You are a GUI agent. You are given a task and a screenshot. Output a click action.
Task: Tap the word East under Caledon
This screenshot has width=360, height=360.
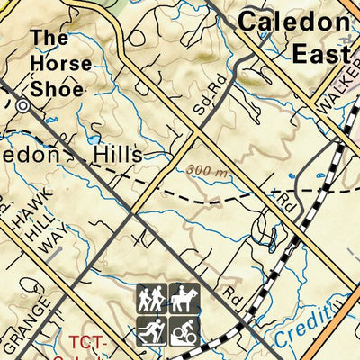[320, 54]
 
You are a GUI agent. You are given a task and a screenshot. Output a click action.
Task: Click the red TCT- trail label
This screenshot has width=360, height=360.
[88, 344]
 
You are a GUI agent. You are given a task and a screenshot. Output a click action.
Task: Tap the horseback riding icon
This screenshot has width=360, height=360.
[184, 299]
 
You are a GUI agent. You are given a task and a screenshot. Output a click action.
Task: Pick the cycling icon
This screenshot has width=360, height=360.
[184, 330]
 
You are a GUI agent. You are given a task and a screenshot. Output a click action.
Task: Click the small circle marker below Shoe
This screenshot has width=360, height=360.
[22, 105]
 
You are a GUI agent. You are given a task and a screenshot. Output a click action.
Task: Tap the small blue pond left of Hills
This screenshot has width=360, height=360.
[93, 139]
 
